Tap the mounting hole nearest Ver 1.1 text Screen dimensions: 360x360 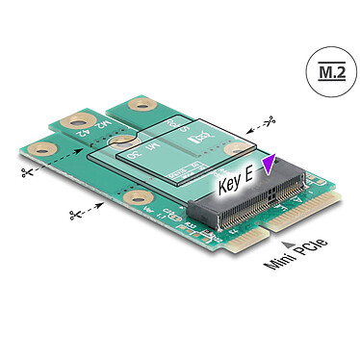tap(132, 202)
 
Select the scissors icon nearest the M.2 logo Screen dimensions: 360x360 tap(272, 121)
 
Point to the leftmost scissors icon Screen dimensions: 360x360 tap(25, 172)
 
